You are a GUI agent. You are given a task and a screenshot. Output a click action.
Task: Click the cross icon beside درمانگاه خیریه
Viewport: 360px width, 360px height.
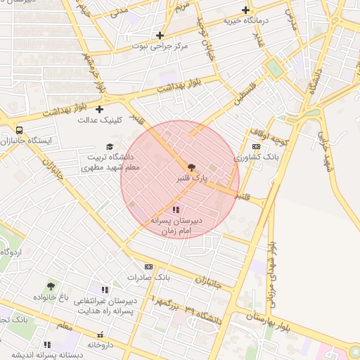click(x=245, y=10)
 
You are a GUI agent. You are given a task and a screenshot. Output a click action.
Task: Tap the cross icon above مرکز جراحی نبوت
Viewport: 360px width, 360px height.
click(x=160, y=35)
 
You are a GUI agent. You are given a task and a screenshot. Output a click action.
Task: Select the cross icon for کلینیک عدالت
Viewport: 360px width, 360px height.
click(x=99, y=109)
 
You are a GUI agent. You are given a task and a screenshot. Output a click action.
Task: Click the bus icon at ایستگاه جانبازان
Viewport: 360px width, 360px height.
click(x=19, y=130)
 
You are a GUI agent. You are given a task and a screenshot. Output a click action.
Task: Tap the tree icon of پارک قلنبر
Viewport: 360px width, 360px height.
click(x=192, y=167)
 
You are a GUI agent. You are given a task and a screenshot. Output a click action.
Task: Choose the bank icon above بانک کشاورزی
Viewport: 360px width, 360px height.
click(x=255, y=146)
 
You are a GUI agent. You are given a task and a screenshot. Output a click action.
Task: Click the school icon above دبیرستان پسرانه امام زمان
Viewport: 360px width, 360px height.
click(x=175, y=210)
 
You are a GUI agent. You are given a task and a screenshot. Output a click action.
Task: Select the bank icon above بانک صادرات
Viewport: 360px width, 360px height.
click(x=148, y=266)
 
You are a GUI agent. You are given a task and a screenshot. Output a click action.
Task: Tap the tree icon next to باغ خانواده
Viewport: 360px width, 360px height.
click(x=51, y=286)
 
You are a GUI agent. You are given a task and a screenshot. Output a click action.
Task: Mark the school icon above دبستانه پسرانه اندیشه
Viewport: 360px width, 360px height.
click(x=47, y=345)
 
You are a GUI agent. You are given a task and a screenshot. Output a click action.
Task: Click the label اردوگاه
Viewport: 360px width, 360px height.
click(x=11, y=252)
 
